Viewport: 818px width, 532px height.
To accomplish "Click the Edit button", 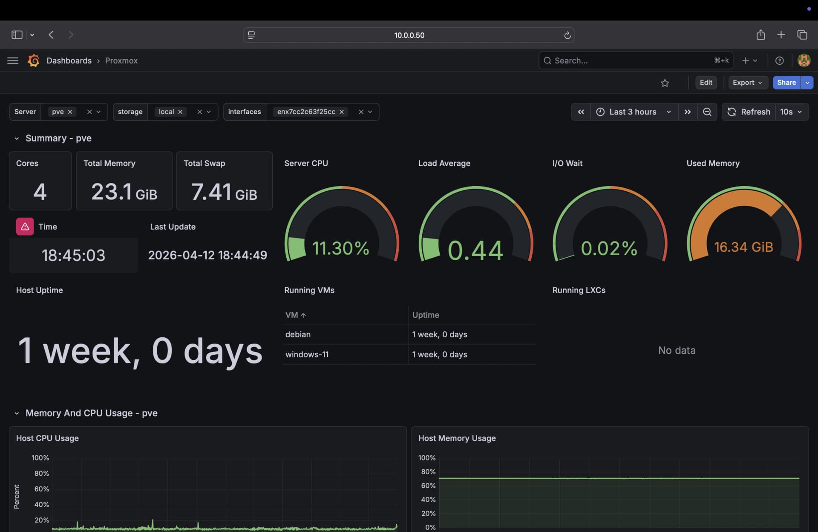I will pyautogui.click(x=706, y=83).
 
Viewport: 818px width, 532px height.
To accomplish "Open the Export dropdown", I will pyautogui.click(x=747, y=83).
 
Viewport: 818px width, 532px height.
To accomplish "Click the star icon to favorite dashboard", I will pyautogui.click(x=665, y=83).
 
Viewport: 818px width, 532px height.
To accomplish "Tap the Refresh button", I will pyautogui.click(x=749, y=112).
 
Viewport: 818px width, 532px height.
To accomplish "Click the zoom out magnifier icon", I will pyautogui.click(x=707, y=112).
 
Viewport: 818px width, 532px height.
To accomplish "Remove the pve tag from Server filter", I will pyautogui.click(x=70, y=112).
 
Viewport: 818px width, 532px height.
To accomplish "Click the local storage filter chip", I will pyautogui.click(x=166, y=112).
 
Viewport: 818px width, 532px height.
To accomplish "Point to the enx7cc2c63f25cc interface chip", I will pyautogui.click(x=306, y=112).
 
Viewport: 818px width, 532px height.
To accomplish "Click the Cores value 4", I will pyautogui.click(x=40, y=192).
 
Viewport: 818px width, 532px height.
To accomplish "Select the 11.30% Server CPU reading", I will pyautogui.click(x=340, y=248).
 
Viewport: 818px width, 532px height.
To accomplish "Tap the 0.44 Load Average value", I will pyautogui.click(x=475, y=250).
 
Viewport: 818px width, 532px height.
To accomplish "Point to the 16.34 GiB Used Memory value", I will pyautogui.click(x=743, y=247).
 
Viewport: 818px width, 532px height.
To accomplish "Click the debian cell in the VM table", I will pyautogui.click(x=298, y=335).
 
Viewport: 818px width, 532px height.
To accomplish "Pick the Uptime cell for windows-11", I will pyautogui.click(x=439, y=355).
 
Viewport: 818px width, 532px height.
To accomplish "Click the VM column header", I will pyautogui.click(x=292, y=315).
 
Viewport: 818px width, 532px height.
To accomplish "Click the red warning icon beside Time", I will pyautogui.click(x=25, y=227).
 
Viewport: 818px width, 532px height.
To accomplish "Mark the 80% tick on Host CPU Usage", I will pyautogui.click(x=41, y=473).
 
